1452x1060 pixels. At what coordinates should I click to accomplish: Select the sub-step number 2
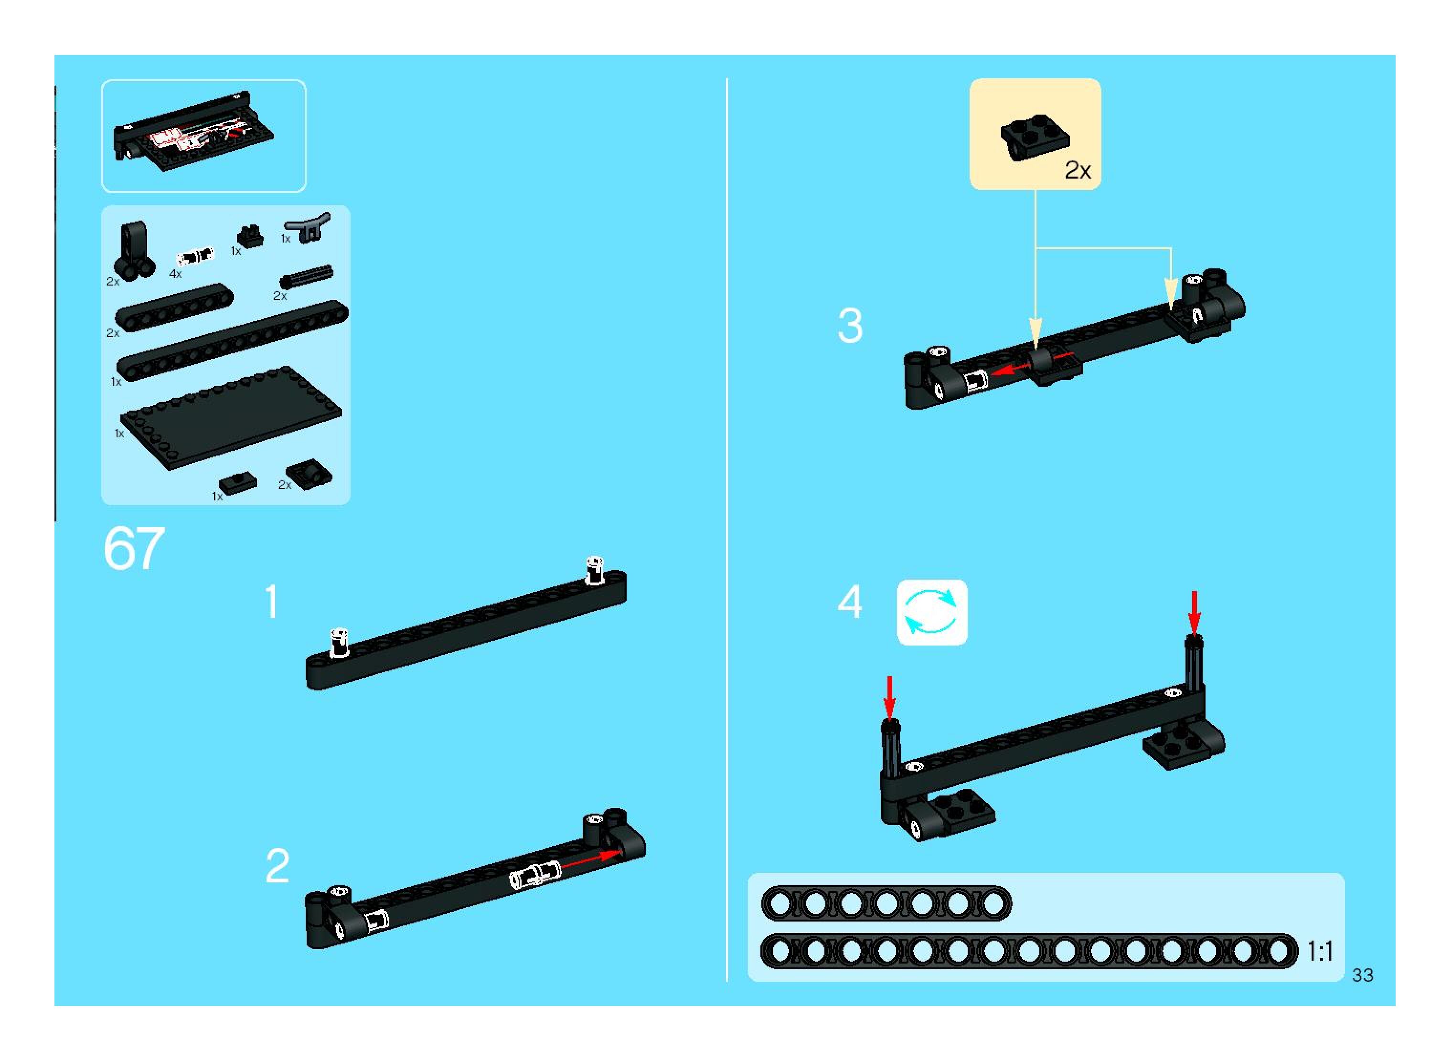point(278,866)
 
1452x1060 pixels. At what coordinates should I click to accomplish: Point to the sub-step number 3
point(850,326)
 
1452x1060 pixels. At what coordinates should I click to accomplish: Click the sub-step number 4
point(850,603)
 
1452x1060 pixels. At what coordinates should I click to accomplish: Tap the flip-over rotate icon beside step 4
point(931,613)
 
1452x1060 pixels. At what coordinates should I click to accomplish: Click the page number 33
point(1362,975)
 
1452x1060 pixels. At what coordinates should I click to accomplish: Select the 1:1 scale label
point(1320,951)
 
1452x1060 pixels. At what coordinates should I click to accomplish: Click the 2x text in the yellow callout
point(1078,170)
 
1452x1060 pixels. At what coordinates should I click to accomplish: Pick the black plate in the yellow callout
point(1034,138)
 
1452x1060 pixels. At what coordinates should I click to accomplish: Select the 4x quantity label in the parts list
point(175,274)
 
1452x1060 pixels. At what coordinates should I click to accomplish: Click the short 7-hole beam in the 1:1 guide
point(886,903)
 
